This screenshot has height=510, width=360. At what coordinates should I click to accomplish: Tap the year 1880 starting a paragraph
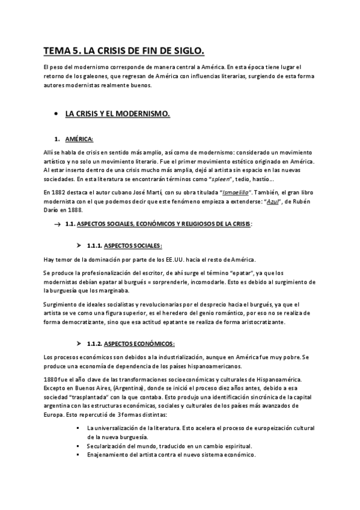(52, 379)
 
